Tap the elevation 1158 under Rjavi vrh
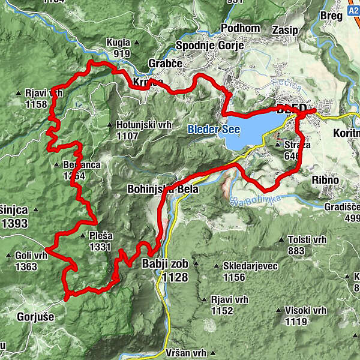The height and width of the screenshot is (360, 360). click(37, 104)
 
